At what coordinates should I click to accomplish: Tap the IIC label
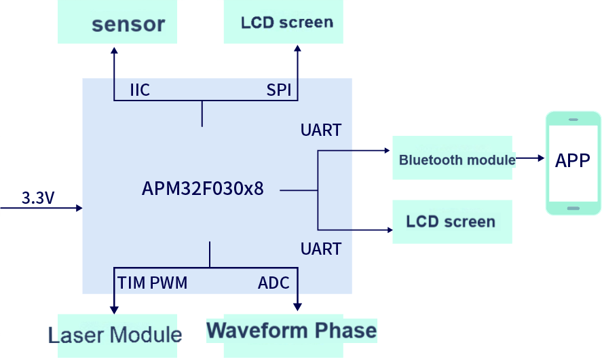coord(140,90)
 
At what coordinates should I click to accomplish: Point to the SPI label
coord(278,90)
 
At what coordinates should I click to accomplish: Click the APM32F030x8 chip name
coord(202,189)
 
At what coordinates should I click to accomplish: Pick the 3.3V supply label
coord(38,198)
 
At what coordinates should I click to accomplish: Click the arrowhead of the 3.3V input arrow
coord(79,208)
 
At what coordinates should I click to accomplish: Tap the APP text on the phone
coord(573,161)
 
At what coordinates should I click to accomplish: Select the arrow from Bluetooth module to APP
coord(530,158)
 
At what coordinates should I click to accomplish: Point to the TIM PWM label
coord(153,283)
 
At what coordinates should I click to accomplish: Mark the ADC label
coord(274,283)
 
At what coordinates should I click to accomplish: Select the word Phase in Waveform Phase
coord(346,331)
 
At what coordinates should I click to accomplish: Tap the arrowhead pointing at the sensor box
coord(114,51)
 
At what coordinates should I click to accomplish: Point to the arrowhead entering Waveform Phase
coord(297,306)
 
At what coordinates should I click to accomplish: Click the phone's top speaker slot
coord(573,120)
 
